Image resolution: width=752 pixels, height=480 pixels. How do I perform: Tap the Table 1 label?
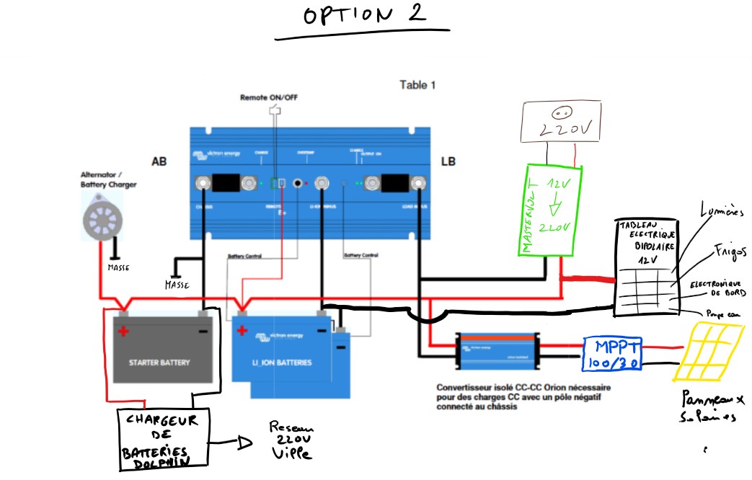pos(417,85)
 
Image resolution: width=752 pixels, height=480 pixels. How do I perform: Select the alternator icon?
pos(100,216)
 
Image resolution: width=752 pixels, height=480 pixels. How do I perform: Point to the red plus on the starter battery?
pos(123,332)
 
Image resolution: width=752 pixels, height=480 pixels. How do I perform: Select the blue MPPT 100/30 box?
pos(611,353)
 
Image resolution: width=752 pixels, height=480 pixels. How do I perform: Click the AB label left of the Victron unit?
pos(159,161)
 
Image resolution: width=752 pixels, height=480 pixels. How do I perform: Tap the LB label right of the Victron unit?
pos(448,161)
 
